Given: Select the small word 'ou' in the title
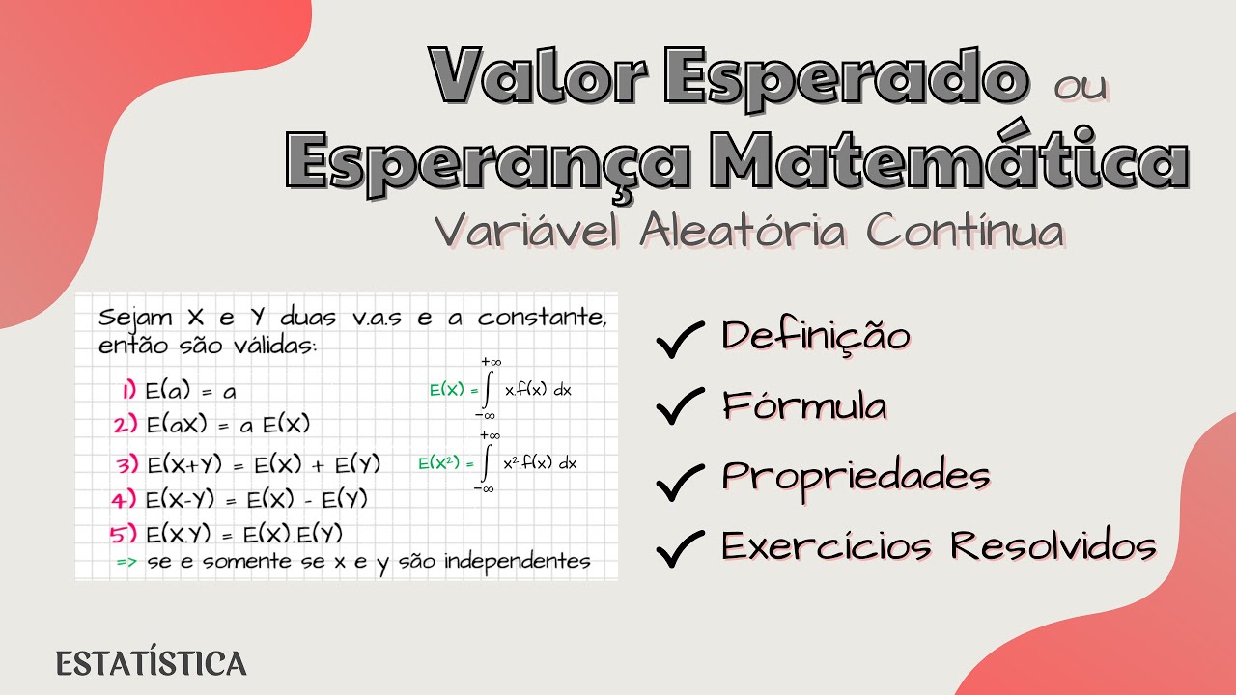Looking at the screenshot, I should click(1081, 87).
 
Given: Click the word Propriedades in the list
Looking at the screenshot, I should click(856, 477).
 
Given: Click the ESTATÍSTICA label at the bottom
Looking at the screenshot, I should click(152, 664).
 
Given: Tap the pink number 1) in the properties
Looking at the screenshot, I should click(129, 391).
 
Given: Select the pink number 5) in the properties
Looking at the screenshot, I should click(124, 534).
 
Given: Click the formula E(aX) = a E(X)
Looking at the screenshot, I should click(227, 426).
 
